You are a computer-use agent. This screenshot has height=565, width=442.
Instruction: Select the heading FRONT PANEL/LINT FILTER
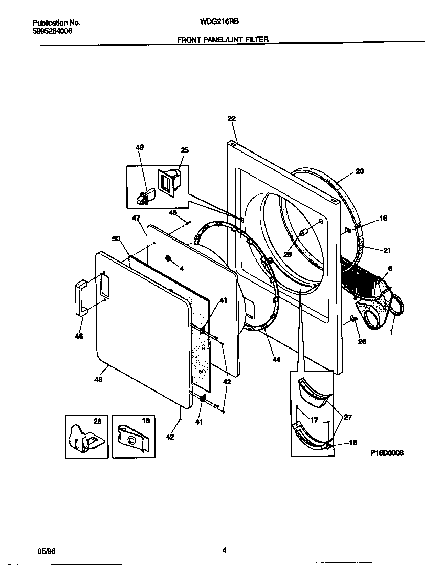click(223, 39)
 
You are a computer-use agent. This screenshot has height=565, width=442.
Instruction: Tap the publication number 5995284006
click(52, 31)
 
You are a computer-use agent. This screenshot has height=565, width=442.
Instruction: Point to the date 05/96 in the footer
click(46, 550)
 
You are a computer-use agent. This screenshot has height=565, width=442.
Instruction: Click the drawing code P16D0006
click(387, 453)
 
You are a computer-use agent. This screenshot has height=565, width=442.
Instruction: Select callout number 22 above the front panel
click(231, 118)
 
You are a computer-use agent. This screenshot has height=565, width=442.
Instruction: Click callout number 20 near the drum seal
click(360, 171)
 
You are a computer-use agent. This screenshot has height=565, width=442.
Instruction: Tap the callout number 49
click(139, 147)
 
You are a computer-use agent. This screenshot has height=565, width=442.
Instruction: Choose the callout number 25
click(184, 150)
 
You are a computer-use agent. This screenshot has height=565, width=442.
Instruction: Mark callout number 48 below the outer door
click(98, 380)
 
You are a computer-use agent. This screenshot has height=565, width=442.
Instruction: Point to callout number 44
click(276, 360)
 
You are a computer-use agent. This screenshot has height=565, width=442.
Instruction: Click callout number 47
click(136, 218)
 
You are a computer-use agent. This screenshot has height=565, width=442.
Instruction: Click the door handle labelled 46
click(81, 297)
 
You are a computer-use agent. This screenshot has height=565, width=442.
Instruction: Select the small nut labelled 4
click(168, 258)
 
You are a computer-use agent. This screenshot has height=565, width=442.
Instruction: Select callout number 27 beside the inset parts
click(348, 417)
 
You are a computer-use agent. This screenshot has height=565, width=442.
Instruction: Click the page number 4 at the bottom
click(224, 550)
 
